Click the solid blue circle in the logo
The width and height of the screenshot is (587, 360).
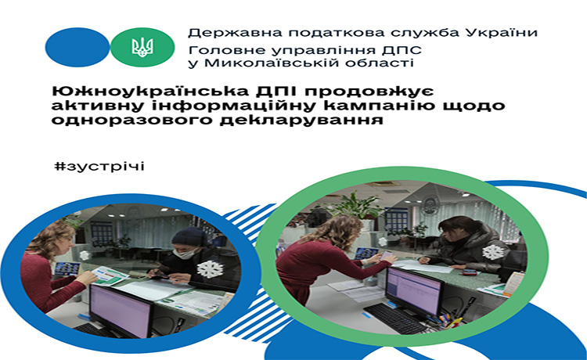coord(77,47)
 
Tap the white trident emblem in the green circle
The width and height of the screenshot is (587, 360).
coord(142,47)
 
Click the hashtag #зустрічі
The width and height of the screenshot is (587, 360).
coord(99,166)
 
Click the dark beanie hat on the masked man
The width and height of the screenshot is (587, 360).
coord(190,236)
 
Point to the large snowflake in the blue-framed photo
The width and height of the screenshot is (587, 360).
coord(210,269)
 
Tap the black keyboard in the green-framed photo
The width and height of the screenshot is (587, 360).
coord(395,318)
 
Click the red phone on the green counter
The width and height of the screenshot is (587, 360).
coord(470,272)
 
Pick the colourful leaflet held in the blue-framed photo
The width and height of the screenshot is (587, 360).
coord(110,276)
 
